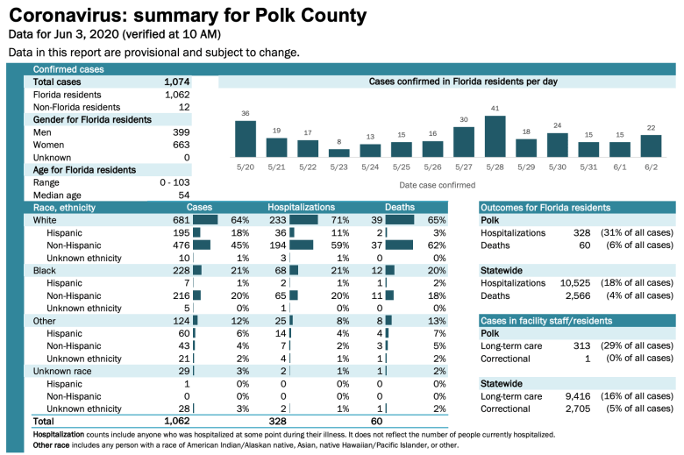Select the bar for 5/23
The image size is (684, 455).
pos(338,153)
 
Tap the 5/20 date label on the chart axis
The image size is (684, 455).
pos(245,167)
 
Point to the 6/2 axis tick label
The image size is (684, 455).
pos(651,167)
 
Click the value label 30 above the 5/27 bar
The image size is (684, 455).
pos(464,119)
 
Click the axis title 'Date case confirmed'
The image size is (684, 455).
pos(437,185)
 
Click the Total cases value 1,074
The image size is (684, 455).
pos(176,82)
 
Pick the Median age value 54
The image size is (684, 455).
pos(183,195)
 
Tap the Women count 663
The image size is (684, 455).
pos(181,145)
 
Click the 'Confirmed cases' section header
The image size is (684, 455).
pos(68,69)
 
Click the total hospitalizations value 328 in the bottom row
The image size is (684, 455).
pos(277,422)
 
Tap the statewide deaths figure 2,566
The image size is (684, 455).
pos(574,296)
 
